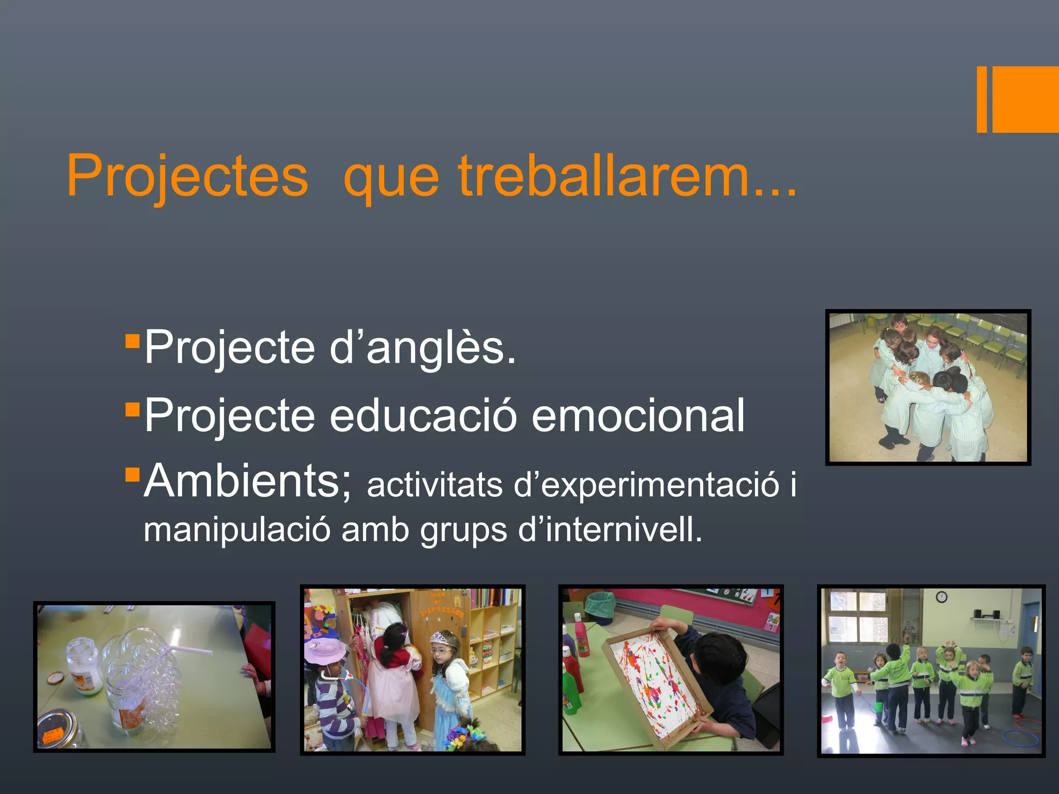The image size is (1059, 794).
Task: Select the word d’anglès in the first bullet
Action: pyautogui.click(x=422, y=347)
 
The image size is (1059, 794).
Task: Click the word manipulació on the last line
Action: pyautogui.click(x=237, y=530)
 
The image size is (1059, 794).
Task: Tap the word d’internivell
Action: pyautogui.click(x=610, y=530)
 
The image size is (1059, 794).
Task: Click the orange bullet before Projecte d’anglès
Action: pyautogui.click(x=133, y=341)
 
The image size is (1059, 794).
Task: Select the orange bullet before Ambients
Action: pyautogui.click(x=133, y=474)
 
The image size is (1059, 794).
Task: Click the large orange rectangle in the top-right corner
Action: pyautogui.click(x=1025, y=99)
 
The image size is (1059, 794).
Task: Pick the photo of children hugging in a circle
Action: pyautogui.click(x=928, y=388)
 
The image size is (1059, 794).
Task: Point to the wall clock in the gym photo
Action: pyautogui.click(x=942, y=598)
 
